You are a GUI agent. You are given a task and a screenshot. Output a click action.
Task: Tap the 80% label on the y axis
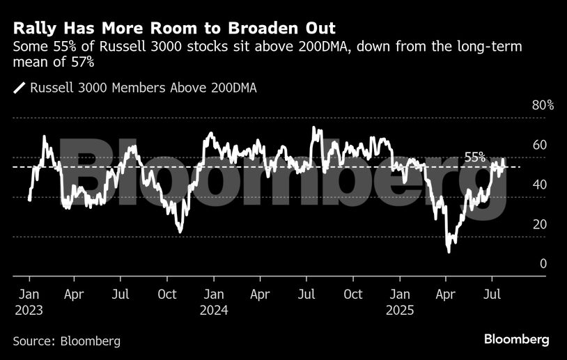[x=543, y=106]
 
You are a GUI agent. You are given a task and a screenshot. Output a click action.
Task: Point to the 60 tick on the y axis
[x=540, y=145]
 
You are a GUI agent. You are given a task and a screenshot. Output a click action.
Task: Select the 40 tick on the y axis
[x=540, y=185]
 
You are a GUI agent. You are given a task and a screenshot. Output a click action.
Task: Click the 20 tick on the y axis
[x=540, y=224]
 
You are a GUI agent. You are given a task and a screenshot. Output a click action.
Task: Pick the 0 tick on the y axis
[x=543, y=264]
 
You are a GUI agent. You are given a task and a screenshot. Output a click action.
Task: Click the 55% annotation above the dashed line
[x=475, y=158]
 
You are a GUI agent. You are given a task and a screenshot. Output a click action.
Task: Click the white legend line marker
[x=20, y=88]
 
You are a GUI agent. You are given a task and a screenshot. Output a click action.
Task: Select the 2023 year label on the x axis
[x=29, y=311]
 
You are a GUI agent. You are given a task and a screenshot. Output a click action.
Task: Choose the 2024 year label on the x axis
[x=214, y=311]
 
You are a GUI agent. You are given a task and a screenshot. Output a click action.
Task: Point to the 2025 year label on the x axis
[x=399, y=311]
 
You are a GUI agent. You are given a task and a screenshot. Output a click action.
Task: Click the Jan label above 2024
[x=214, y=295]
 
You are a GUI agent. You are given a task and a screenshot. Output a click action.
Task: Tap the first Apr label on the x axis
[x=75, y=295]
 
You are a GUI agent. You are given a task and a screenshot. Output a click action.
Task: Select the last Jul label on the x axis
[x=492, y=295]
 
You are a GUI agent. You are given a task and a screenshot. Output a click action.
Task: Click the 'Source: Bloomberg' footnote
[x=67, y=341]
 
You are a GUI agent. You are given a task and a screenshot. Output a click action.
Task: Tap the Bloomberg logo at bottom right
[x=517, y=339]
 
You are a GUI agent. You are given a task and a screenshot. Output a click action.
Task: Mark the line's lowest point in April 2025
[x=449, y=251]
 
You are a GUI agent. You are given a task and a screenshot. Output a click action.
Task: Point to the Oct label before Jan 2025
[x=353, y=295]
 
